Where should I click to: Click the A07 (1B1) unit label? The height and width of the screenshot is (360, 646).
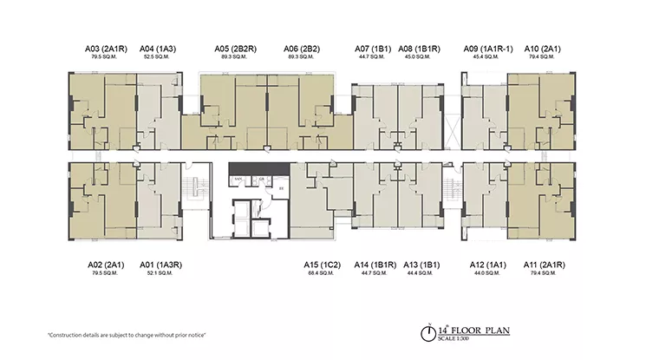374,49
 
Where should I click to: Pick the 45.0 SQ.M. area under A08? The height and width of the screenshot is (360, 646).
417,57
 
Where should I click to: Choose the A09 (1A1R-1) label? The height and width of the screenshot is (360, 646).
485,49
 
